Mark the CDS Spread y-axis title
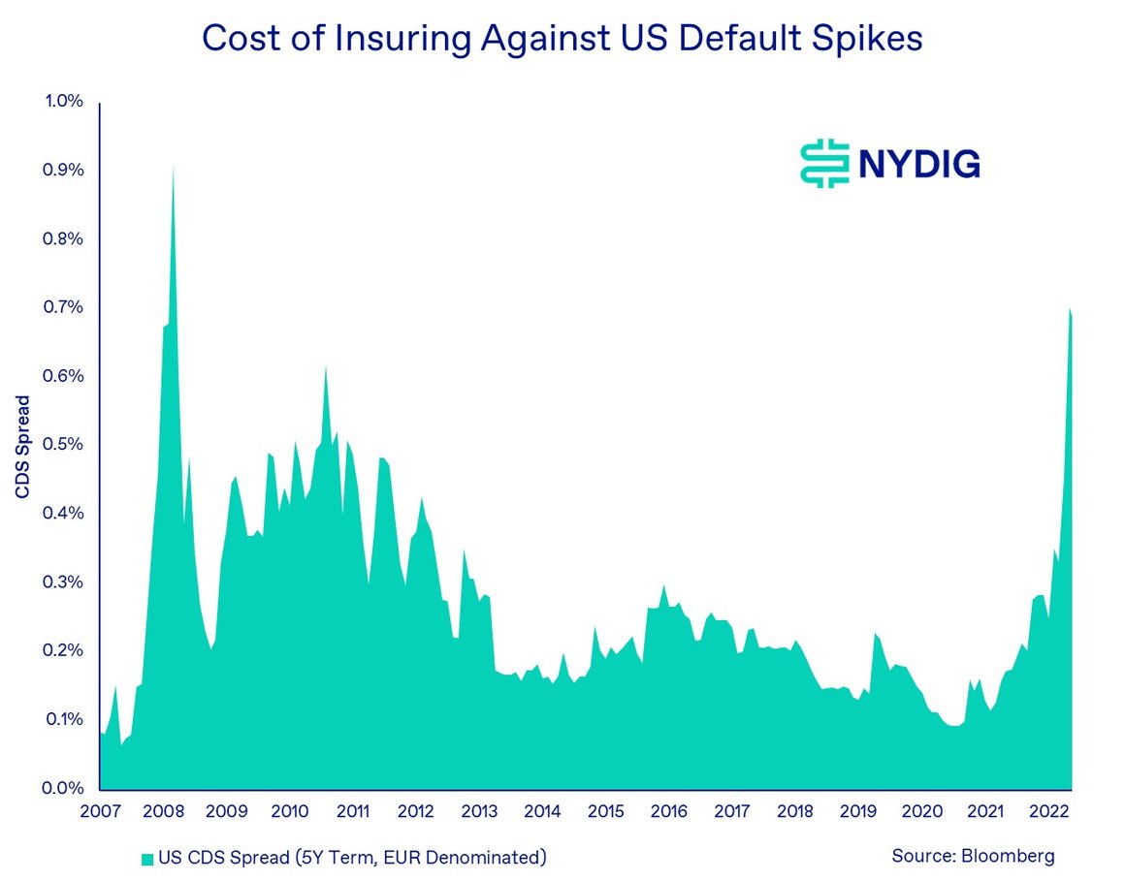point(22,445)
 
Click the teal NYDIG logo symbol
point(822,164)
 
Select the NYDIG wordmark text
point(918,164)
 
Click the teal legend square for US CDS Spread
point(146,857)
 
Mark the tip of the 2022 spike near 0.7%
point(1069,309)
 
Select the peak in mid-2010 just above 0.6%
point(326,365)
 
